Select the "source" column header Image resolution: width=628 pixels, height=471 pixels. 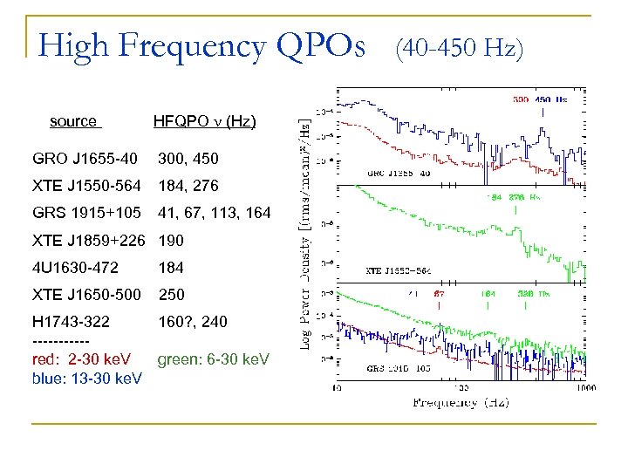[73, 121]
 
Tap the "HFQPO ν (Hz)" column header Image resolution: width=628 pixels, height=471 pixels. [204, 121]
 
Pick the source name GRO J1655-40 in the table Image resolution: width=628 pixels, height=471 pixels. [85, 159]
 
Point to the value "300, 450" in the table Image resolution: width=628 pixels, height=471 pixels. [188, 159]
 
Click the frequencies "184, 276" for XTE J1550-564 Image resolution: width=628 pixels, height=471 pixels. [188, 186]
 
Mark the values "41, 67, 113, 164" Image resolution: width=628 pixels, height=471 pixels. [215, 213]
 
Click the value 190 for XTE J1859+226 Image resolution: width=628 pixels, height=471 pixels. [171, 240]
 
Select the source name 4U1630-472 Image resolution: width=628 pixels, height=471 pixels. [75, 268]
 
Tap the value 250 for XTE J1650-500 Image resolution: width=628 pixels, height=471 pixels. [171, 295]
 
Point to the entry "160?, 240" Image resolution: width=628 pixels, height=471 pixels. [193, 322]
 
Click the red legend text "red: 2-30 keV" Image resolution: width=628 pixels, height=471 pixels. [81, 359]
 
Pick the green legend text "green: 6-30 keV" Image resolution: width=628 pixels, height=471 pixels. [214, 359]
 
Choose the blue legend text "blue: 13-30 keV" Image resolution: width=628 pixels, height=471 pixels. [86, 378]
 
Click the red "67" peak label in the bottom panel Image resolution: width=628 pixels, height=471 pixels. [440, 294]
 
